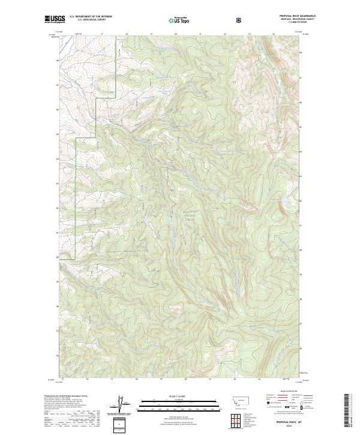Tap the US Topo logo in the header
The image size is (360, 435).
(x=179, y=20)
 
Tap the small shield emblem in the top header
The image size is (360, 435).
(x=240, y=20)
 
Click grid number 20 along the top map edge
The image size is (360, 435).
(x=175, y=34)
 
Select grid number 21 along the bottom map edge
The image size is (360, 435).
(x=210, y=379)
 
